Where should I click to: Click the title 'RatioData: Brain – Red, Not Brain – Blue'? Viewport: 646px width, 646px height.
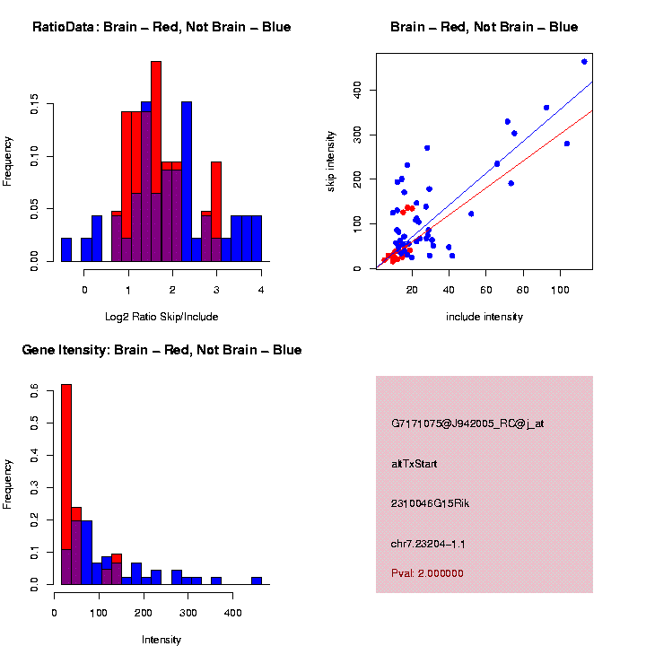161,27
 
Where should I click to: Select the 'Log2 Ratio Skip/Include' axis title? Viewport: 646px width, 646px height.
161,317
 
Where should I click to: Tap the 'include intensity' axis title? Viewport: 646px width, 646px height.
484,317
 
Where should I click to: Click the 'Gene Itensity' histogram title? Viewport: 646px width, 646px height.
161,350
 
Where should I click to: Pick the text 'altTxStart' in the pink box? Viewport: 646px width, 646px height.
415,464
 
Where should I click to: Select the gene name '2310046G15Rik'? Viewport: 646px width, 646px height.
430,503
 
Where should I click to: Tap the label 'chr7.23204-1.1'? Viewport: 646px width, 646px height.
428,544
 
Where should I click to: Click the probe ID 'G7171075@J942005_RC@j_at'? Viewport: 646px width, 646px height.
467,423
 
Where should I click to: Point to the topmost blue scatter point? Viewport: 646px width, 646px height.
584,61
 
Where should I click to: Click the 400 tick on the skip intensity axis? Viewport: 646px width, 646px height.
357,90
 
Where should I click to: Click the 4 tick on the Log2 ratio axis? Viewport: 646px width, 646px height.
261,289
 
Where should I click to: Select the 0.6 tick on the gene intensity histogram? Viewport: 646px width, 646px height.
34,391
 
